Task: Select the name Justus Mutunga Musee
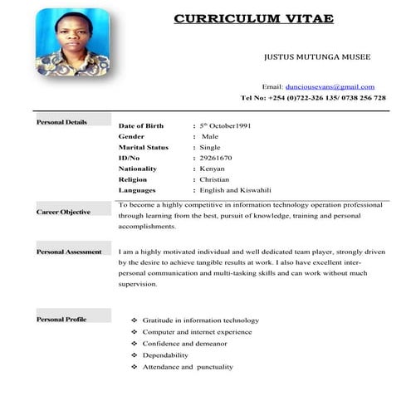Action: pos(316,58)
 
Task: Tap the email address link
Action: pos(330,86)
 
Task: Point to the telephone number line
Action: pos(313,98)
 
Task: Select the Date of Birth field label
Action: pos(147,125)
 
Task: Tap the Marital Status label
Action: pos(144,147)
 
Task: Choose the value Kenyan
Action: pos(213,169)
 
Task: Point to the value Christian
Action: pos(215,179)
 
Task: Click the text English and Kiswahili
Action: pos(236,190)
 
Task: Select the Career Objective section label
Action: pos(63,212)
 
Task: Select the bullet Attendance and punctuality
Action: pos(188,366)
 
